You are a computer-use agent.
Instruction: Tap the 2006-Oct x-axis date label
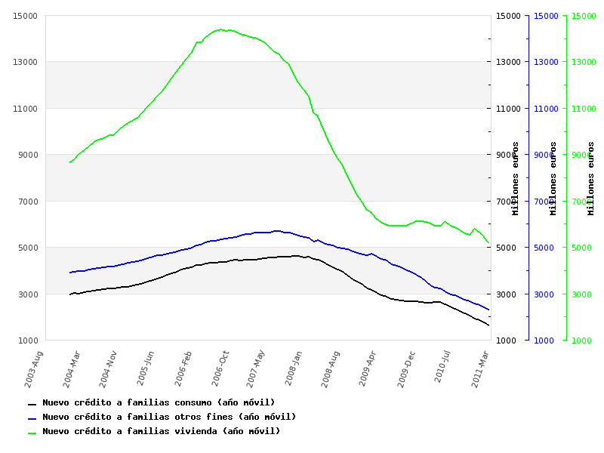tap(220, 368)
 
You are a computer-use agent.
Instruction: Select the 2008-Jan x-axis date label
tap(294, 368)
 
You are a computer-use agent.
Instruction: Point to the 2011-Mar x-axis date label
tap(480, 368)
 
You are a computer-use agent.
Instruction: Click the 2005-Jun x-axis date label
tap(146, 368)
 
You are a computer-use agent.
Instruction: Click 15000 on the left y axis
tap(26, 16)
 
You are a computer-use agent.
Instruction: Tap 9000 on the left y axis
tap(29, 155)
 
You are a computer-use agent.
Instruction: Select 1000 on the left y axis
tap(29, 341)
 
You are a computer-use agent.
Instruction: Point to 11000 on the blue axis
tap(546, 109)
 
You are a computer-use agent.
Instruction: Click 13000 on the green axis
tap(584, 62)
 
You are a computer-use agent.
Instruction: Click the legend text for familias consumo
tap(159, 403)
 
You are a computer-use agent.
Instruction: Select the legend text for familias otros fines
tap(169, 418)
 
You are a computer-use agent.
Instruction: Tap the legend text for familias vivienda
tap(161, 432)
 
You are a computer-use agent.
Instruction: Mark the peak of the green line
tap(220, 29)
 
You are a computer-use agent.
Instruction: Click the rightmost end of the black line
tap(489, 325)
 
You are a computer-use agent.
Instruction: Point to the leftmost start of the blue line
tap(69, 273)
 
